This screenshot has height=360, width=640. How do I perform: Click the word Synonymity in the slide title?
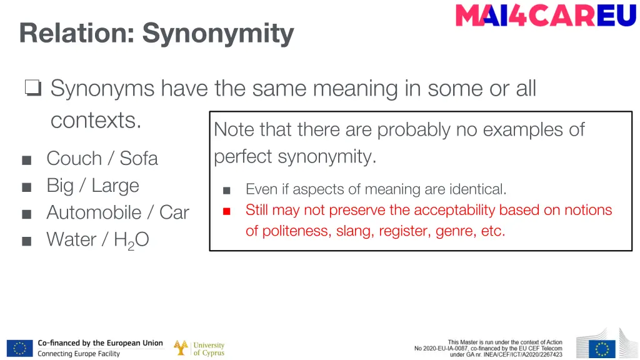tap(217, 33)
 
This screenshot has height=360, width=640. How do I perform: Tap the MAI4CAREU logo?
tap(546, 16)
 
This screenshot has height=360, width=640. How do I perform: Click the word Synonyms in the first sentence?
tap(102, 89)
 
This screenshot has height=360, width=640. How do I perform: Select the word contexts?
tap(96, 120)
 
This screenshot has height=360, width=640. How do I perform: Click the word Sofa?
tap(139, 159)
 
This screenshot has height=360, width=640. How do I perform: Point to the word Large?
tap(115, 186)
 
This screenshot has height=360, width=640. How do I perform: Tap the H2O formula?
tap(131, 241)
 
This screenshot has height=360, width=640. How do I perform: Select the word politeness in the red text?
tap(296, 231)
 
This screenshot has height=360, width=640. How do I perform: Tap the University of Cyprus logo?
tap(199, 348)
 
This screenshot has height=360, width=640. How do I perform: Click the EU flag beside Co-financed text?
tap(19, 348)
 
